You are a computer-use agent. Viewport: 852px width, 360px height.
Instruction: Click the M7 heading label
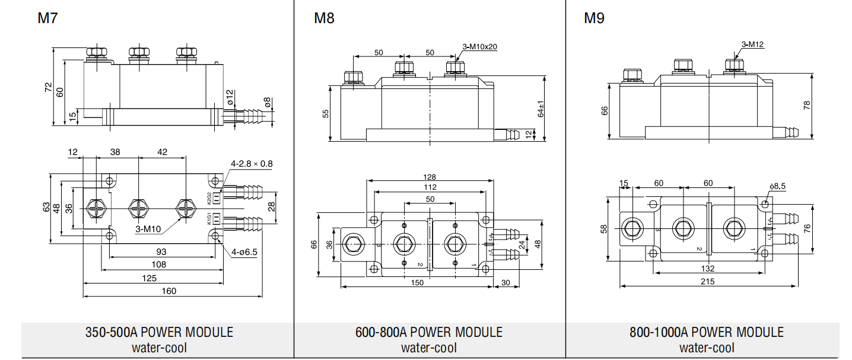[x=47, y=18]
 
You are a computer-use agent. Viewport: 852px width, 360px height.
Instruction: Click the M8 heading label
[x=324, y=18]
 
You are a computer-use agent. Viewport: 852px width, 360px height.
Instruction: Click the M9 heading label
[x=594, y=18]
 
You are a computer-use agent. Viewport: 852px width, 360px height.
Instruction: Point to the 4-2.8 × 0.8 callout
[x=252, y=164]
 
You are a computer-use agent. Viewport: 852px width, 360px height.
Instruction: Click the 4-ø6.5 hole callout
[x=244, y=251]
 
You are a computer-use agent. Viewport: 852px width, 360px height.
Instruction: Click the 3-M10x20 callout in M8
[x=479, y=47]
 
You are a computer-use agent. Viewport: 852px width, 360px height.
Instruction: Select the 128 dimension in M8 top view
[x=430, y=177]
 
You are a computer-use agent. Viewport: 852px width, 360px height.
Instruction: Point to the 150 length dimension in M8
[x=417, y=283]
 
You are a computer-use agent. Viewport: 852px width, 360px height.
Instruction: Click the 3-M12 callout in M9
[x=752, y=44]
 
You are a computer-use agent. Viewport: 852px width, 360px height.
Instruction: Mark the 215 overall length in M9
[x=707, y=282]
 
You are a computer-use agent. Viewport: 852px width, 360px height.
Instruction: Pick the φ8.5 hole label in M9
[x=777, y=186]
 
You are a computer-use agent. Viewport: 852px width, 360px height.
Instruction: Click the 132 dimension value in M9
[x=707, y=269]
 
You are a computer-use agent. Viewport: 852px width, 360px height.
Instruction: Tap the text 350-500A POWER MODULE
[x=159, y=332]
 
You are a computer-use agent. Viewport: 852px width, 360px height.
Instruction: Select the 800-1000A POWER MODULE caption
[x=707, y=332]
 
